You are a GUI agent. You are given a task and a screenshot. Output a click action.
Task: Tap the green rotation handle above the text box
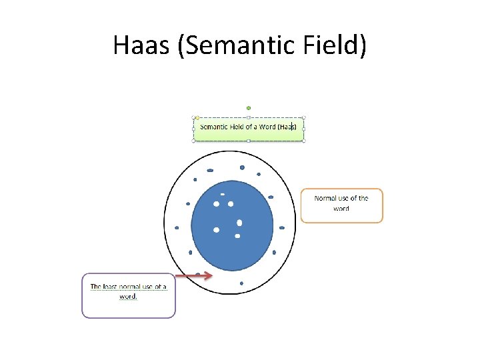pos(249,107)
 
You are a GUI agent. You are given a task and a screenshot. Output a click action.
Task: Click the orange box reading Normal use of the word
pos(341,205)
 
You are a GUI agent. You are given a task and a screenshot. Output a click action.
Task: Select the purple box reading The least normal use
pos(129,295)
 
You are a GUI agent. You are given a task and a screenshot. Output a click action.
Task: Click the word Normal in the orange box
pos(326,198)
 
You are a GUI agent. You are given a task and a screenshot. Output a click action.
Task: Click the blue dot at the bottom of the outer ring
pos(241,283)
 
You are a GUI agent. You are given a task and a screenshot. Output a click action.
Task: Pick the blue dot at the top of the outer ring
pos(242,167)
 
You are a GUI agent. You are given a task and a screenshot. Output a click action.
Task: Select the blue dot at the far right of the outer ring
pos(282,227)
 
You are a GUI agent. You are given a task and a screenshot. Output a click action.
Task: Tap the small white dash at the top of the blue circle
pos(222,194)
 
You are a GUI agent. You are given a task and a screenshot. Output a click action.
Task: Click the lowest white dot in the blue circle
pos(237,235)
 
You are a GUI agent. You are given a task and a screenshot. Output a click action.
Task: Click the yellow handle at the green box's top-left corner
pos(197,117)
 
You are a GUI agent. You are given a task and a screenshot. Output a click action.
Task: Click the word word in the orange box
pos(341,209)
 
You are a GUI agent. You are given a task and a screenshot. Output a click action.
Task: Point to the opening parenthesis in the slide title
pos(182,45)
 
